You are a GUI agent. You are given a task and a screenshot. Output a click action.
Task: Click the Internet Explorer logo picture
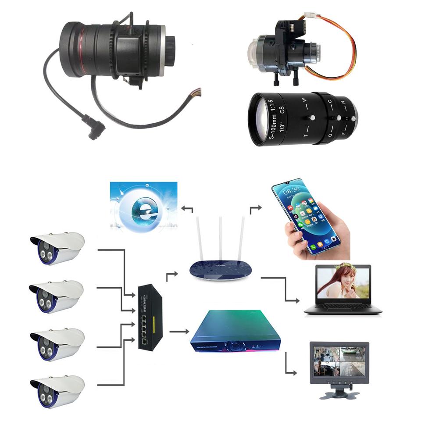pyautogui.click(x=144, y=206)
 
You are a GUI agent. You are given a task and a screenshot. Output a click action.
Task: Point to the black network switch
pyautogui.click(x=150, y=316)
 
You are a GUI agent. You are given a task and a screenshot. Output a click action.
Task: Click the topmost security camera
pyautogui.click(x=57, y=248)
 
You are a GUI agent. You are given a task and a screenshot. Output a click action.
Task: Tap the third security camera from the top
pyautogui.click(x=57, y=344)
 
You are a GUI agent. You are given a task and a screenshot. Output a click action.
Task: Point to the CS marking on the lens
pyautogui.click(x=282, y=110)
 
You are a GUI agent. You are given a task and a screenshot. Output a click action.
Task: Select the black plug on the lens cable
pyautogui.click(x=96, y=127)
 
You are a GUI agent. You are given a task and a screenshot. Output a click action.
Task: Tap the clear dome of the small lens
pyautogui.click(x=256, y=53)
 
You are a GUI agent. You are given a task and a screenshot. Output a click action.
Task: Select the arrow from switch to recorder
pyautogui.click(x=178, y=332)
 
